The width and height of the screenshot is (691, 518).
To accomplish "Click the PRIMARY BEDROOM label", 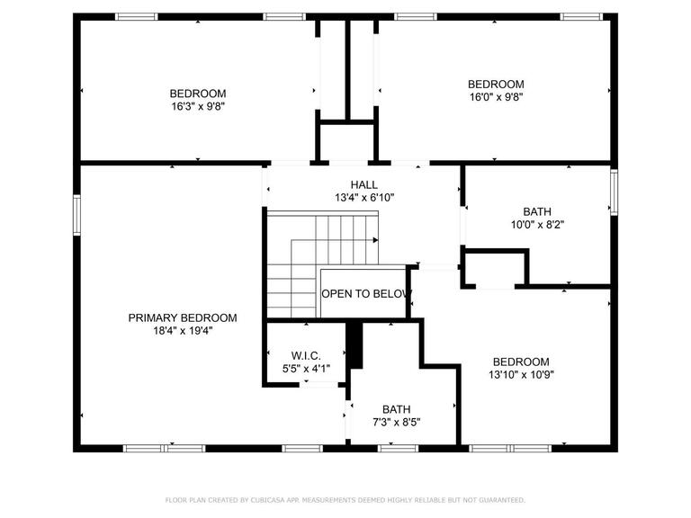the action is (x=183, y=317).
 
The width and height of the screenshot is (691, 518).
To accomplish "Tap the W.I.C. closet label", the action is (x=306, y=355).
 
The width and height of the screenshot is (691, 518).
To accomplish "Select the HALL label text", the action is (x=364, y=184).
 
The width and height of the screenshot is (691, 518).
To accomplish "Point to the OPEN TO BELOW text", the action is (x=367, y=294).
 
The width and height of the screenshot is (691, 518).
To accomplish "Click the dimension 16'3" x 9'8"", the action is (x=198, y=106).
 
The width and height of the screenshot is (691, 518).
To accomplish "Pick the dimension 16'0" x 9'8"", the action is (x=497, y=97).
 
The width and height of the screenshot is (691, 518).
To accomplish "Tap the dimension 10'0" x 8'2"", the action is (x=537, y=225).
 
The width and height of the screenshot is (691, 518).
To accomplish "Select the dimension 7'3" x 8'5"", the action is (x=397, y=423).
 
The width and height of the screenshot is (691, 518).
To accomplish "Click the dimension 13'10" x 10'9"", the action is (x=521, y=375).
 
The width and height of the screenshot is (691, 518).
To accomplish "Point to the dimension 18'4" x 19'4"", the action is (x=183, y=330).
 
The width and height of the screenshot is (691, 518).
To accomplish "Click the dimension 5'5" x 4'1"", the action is (x=306, y=368).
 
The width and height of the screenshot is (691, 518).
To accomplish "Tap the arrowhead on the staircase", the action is (x=375, y=240).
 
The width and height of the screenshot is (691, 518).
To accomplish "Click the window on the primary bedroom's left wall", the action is (x=77, y=215).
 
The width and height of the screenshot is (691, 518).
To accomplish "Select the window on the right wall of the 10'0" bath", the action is (x=614, y=192).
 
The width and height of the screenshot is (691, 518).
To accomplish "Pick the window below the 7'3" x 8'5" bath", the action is (x=398, y=449).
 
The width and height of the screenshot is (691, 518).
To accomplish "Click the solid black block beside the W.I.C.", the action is (x=354, y=345).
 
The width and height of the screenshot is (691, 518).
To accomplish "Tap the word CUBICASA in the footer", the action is (x=268, y=500).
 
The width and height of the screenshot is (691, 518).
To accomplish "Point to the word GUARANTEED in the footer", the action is (x=502, y=500).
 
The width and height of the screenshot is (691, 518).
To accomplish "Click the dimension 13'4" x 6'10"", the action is (x=364, y=197).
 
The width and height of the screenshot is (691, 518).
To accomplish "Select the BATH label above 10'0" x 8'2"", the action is (x=537, y=211).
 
